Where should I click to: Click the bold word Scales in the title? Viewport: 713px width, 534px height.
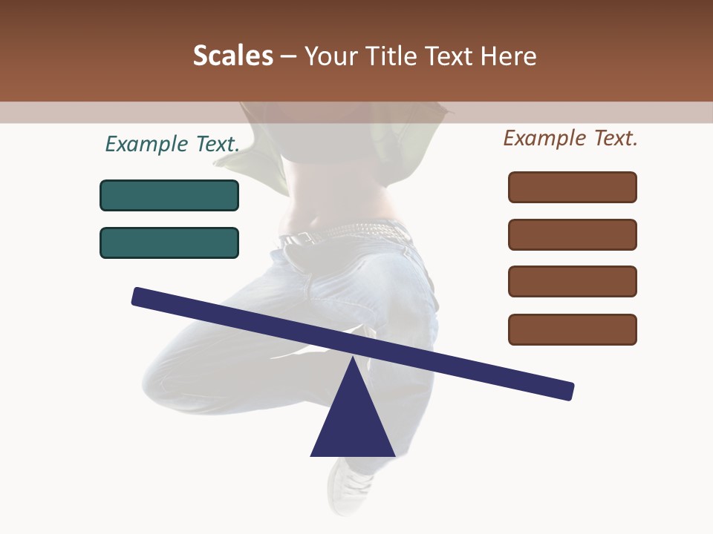coord(232,56)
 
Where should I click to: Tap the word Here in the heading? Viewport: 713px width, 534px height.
coord(508,56)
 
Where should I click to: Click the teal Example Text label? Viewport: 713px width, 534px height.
coord(172,144)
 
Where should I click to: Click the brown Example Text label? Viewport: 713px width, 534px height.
coord(570,138)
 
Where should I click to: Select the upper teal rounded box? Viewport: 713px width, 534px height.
coord(169,195)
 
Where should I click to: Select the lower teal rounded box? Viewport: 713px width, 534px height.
coord(169,243)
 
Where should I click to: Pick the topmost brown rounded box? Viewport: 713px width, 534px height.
coord(572,187)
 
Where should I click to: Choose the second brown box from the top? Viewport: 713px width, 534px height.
coord(572,234)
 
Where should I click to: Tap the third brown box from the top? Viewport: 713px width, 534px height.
coord(572,281)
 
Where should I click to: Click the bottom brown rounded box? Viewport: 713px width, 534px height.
coord(572,329)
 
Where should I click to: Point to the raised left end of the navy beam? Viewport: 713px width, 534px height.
coord(141,296)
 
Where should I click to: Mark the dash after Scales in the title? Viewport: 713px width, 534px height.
coord(289,56)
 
